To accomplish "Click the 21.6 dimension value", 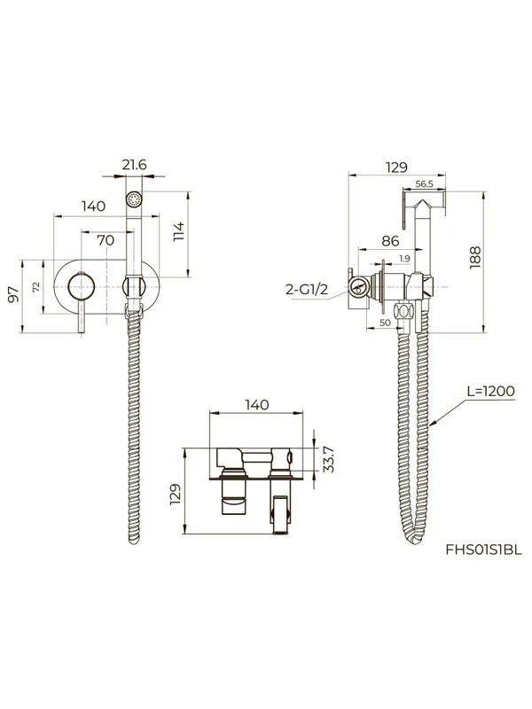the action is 135,165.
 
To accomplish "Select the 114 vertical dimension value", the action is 179,230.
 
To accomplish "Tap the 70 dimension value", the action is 106,240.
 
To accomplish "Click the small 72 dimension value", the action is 36,286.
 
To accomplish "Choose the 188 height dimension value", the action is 475,258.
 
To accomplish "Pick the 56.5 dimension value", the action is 425,183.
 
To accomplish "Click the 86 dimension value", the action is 390,240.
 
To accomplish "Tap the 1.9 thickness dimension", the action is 404,259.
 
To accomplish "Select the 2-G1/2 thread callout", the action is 307,289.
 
